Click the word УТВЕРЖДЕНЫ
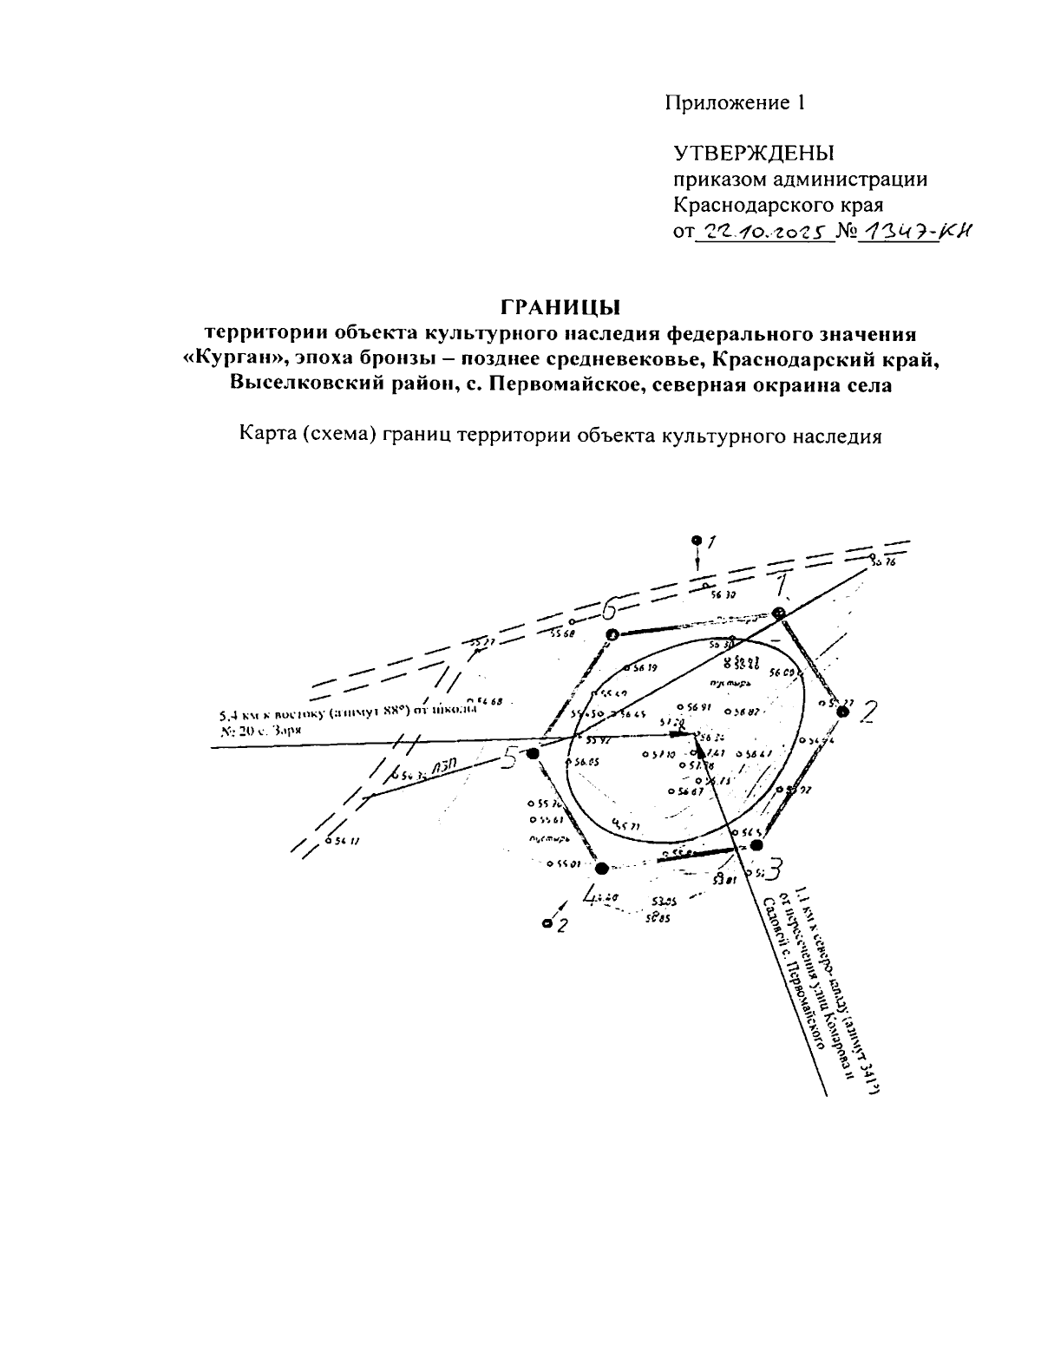[753, 154]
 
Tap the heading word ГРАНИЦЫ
[561, 307]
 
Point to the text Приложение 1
[736, 103]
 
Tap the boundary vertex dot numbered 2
[841, 711]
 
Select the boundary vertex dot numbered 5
[533, 754]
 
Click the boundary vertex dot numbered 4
[603, 867]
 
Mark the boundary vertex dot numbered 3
[756, 844]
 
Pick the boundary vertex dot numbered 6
[612, 635]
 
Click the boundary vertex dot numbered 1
[779, 614]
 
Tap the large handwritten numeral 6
[609, 607]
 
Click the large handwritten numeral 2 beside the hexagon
[867, 713]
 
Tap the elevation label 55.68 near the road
[562, 633]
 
